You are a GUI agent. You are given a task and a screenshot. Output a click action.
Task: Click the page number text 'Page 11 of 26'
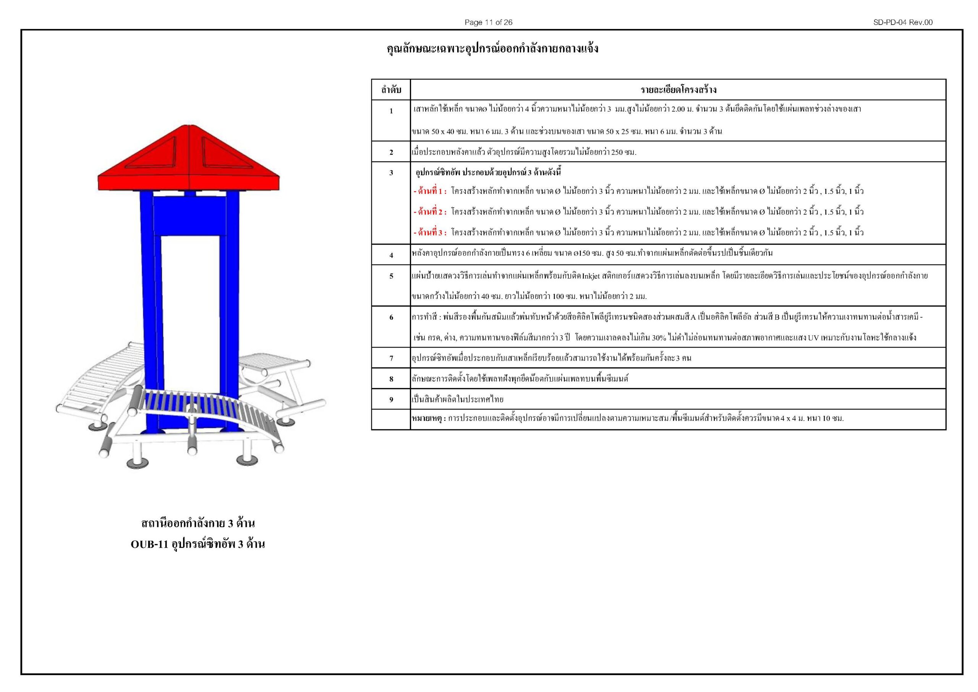pyautogui.click(x=488, y=22)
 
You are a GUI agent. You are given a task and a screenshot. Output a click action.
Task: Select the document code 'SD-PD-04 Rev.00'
pyautogui.click(x=903, y=22)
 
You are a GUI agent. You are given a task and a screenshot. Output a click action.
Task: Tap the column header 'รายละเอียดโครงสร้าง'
pyautogui.click(x=678, y=90)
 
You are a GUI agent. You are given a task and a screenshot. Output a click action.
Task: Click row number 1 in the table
pyautogui.click(x=391, y=111)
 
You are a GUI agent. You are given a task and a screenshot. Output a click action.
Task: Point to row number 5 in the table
pyautogui.click(x=391, y=276)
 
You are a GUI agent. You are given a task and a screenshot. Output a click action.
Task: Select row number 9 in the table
pyautogui.click(x=391, y=400)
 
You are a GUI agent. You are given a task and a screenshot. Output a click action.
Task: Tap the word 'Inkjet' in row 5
pyautogui.click(x=590, y=276)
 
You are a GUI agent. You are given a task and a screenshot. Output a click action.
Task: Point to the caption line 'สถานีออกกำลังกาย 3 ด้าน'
pyautogui.click(x=198, y=523)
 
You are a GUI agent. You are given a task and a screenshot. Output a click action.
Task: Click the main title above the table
pyautogui.click(x=492, y=49)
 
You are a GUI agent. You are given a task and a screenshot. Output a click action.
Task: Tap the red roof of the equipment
pyautogui.click(x=189, y=162)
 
